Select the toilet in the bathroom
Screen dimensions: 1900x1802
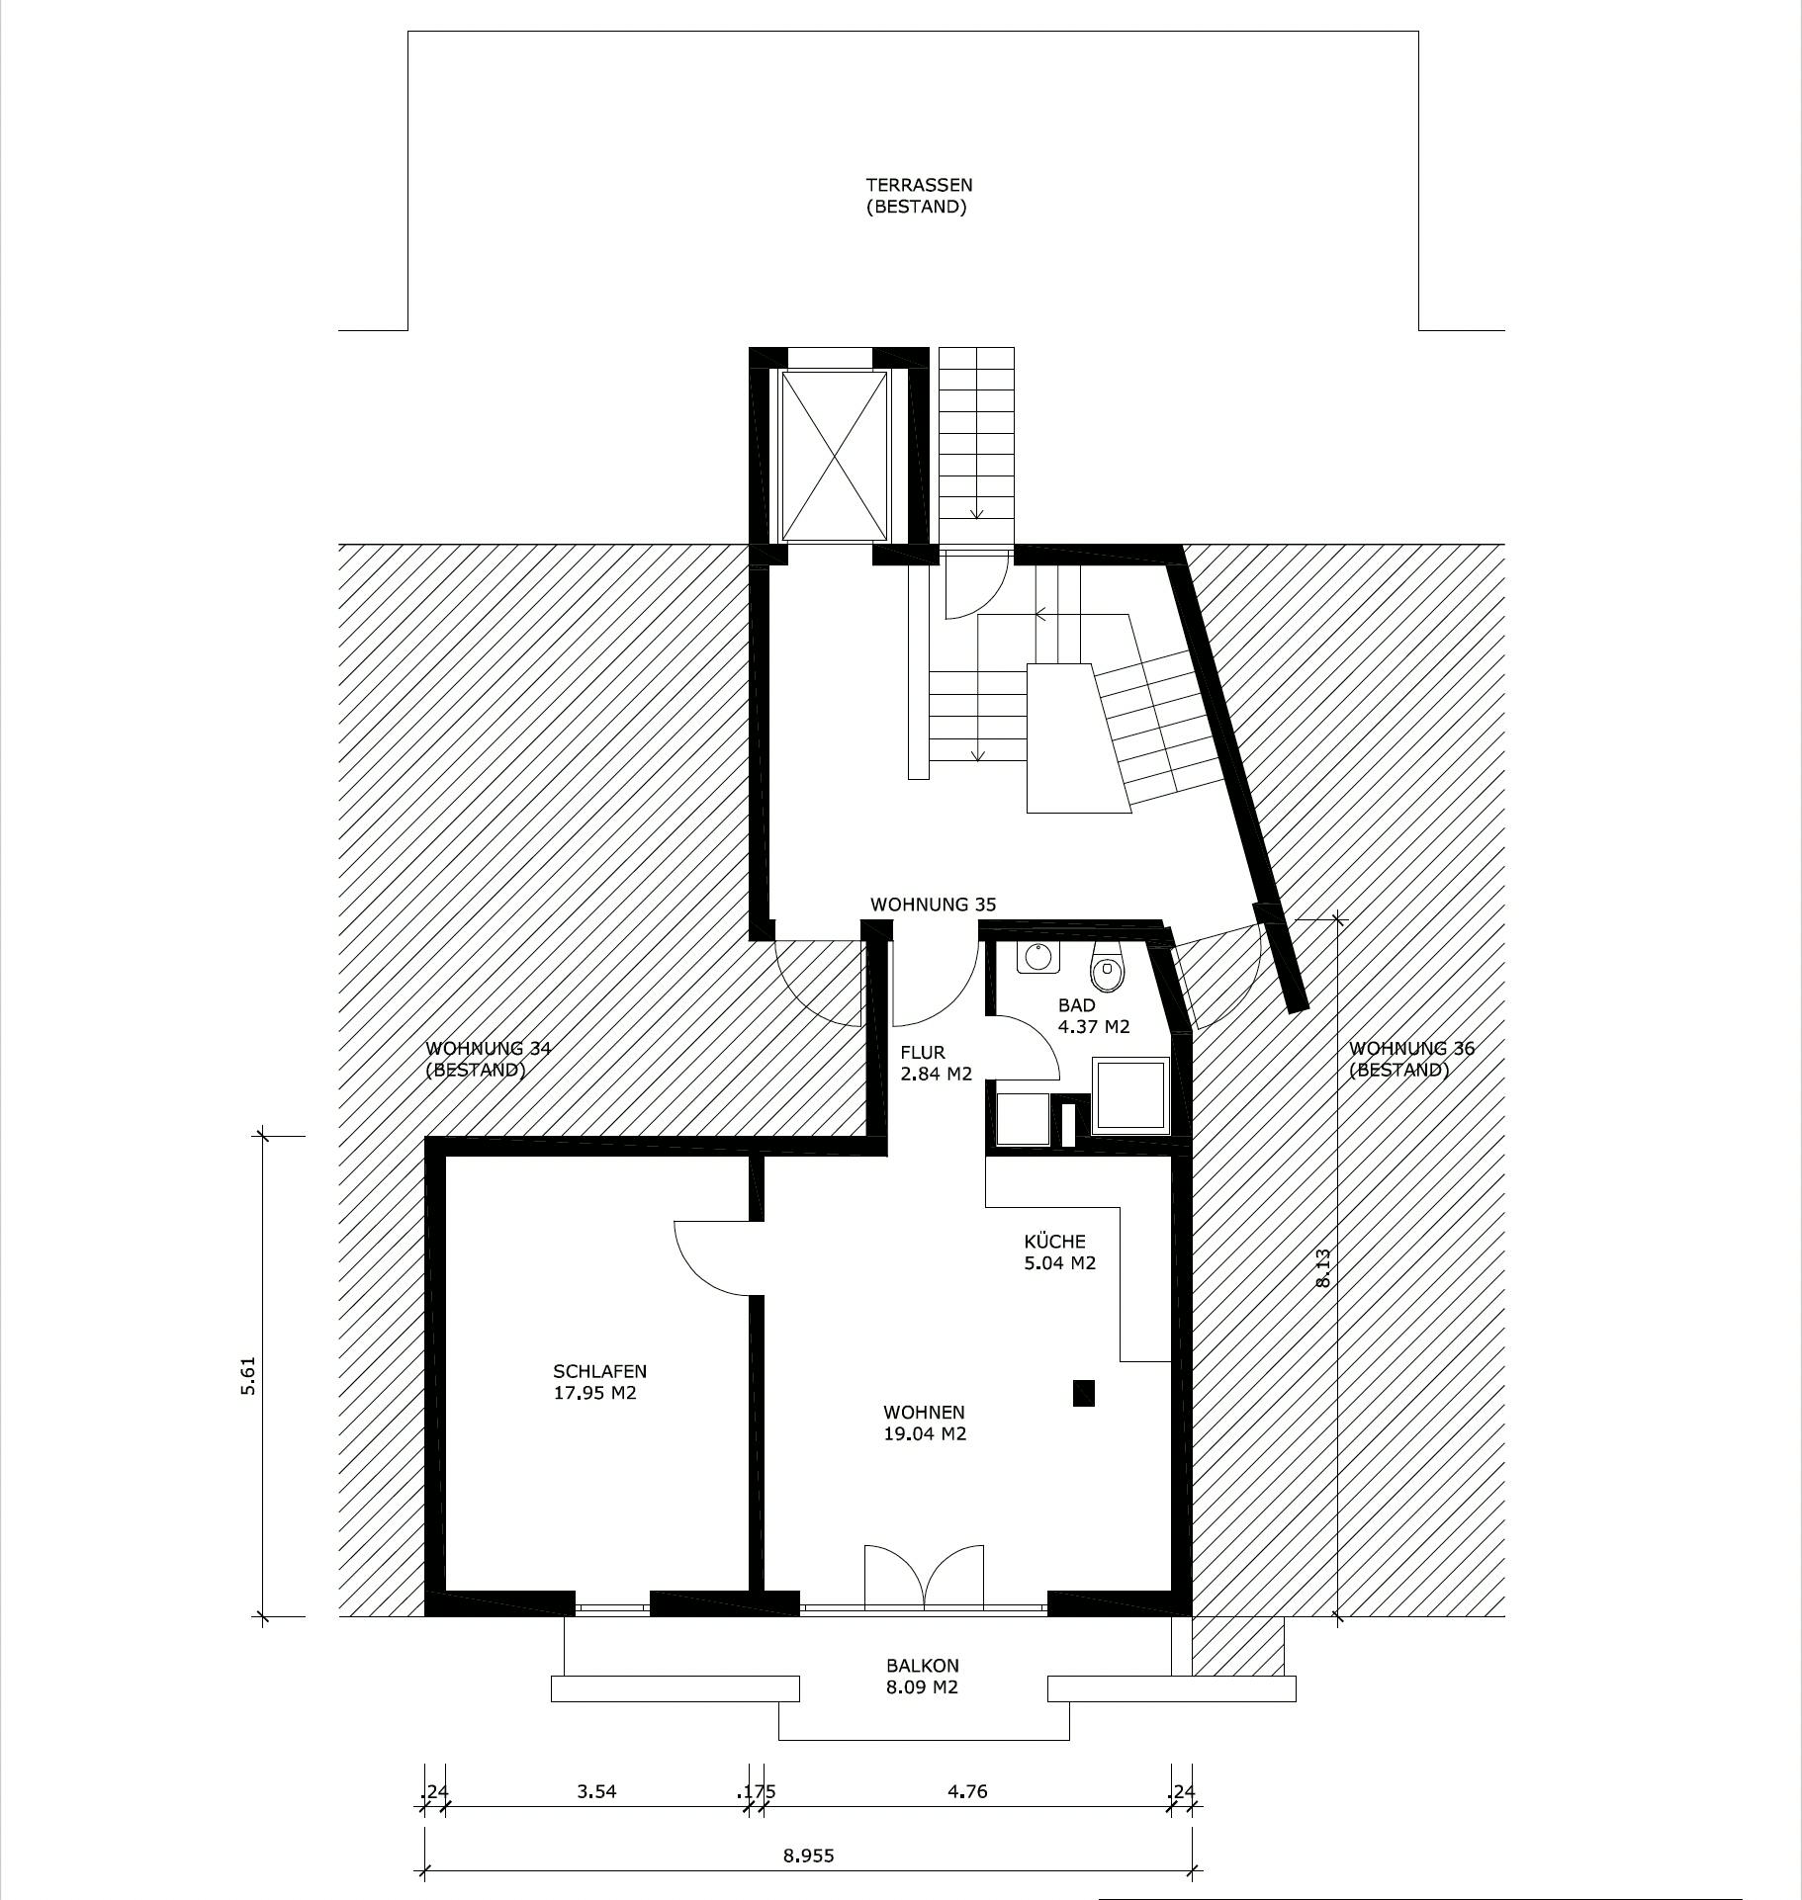(1108, 972)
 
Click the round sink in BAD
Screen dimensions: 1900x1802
(1037, 957)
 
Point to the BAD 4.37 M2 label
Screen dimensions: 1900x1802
(1093, 1016)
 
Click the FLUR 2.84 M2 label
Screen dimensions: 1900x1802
(936, 1064)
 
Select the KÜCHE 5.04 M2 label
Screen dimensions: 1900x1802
(1059, 1252)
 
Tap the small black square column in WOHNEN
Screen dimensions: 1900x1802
(1084, 1393)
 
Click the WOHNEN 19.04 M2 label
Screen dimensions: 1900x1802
(924, 1424)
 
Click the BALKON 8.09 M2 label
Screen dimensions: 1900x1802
(923, 1677)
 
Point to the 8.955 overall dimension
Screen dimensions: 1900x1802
(808, 1856)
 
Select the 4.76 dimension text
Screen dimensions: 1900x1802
(966, 1791)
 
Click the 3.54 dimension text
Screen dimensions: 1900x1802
(596, 1791)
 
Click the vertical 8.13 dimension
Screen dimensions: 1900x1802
(1323, 1267)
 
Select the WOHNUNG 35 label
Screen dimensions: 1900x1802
(933, 905)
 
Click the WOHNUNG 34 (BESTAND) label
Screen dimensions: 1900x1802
(488, 1059)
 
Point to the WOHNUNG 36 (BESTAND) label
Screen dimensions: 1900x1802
(1411, 1059)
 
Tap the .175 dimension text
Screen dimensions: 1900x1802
(757, 1791)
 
